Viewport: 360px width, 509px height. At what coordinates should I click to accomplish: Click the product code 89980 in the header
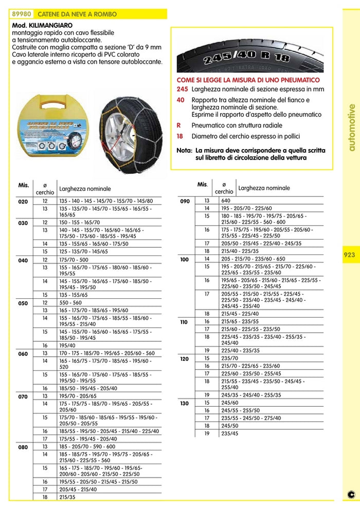[x=23, y=14]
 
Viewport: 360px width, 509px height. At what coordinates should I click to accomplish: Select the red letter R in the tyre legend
[x=178, y=125]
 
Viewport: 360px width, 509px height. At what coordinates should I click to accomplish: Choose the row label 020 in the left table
[x=23, y=202]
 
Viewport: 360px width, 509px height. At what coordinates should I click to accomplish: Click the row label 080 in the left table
[x=23, y=447]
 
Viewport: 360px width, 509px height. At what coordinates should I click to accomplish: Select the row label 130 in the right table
[x=184, y=404]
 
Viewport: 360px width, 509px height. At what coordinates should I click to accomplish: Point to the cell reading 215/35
[x=67, y=498]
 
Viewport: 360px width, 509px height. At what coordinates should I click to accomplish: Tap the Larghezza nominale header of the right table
[x=264, y=188]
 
